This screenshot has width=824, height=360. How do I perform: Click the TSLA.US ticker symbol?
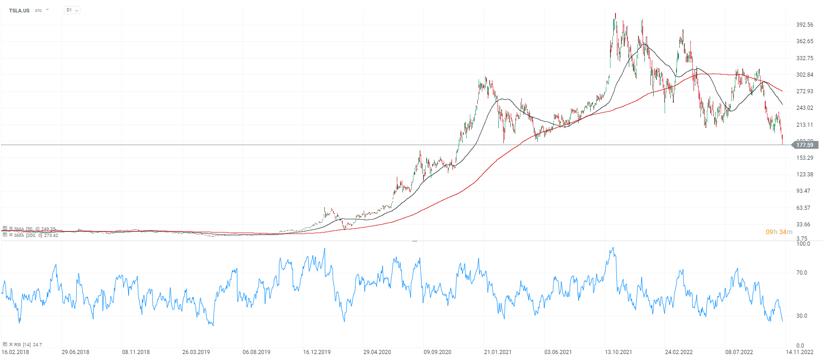[19, 11]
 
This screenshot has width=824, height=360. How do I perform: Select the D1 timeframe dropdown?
[72, 10]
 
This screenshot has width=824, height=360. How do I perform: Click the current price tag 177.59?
[805, 145]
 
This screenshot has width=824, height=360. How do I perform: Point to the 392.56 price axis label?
[805, 25]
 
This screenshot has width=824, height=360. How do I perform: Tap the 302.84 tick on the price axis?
[805, 75]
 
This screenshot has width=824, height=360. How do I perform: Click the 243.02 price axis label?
[805, 108]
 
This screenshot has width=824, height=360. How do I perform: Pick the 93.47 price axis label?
[803, 191]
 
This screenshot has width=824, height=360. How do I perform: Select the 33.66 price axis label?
[803, 225]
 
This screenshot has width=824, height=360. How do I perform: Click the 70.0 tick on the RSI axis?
[801, 273]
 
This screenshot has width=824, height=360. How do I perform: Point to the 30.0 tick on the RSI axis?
[801, 316]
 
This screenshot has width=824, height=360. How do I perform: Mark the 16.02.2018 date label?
[15, 352]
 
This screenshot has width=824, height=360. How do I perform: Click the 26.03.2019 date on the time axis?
[196, 352]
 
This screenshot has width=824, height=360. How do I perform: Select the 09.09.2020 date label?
[437, 352]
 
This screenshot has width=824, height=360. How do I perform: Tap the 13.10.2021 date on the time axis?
[618, 352]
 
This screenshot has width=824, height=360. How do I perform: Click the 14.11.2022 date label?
[799, 352]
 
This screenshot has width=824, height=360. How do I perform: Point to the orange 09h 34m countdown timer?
[779, 232]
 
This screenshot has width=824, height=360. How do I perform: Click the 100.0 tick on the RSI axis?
[803, 244]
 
